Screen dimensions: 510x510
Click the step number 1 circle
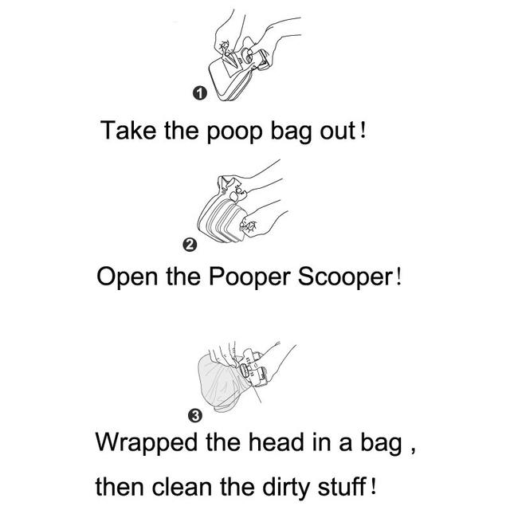point(200,96)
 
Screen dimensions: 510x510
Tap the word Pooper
point(241,279)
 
